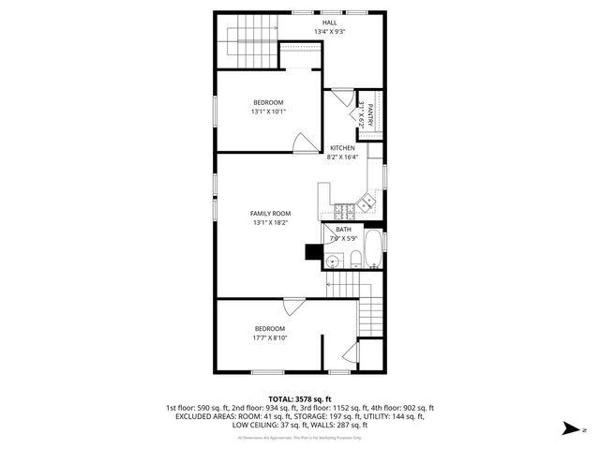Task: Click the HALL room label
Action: pyautogui.click(x=330, y=22)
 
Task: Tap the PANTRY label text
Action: pyautogui.click(x=370, y=114)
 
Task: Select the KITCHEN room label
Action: pyautogui.click(x=342, y=148)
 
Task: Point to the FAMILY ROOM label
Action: pyautogui.click(x=270, y=214)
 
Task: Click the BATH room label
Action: pyautogui.click(x=344, y=230)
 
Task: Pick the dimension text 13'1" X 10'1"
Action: pyautogui.click(x=268, y=112)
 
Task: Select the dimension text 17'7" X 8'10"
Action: pyautogui.click(x=268, y=337)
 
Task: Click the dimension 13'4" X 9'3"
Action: pyautogui.click(x=330, y=32)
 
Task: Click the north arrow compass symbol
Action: pyautogui.click(x=569, y=429)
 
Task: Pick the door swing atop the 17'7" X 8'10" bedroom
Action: pyautogui.click(x=292, y=306)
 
